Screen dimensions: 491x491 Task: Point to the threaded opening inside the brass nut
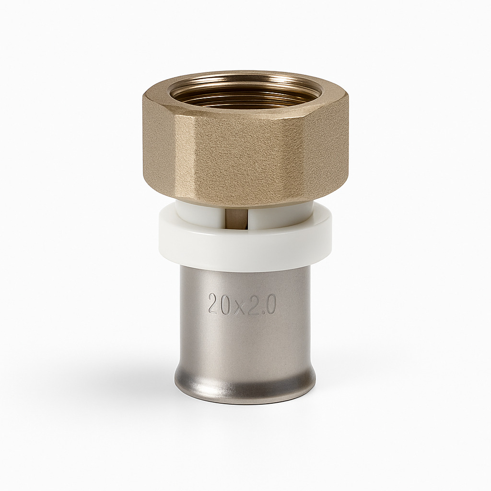click(x=245, y=90)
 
